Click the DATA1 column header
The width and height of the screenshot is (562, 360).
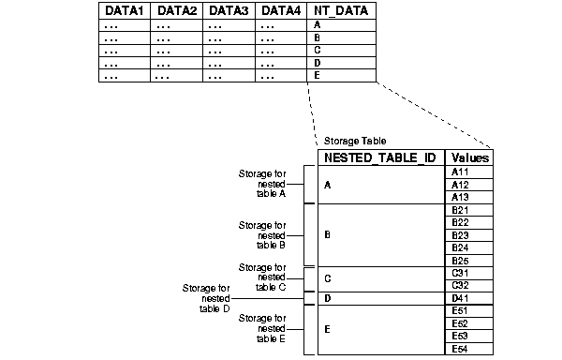coord(125,11)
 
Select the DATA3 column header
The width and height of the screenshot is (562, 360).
coord(229,11)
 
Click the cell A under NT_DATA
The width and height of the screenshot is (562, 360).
coord(318,25)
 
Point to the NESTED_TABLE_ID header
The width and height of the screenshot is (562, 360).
coord(379,157)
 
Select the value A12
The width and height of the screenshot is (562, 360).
coord(460,185)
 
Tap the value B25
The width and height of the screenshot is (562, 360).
coord(460,260)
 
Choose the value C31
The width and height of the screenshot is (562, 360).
coord(460,273)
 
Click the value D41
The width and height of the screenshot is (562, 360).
coord(460,298)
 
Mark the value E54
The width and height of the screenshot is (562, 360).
coord(460,349)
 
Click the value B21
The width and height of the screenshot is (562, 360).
coord(460,210)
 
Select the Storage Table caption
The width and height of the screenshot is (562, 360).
coord(348,141)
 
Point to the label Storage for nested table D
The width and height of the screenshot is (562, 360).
coord(206,297)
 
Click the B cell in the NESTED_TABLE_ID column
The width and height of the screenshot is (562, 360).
coord(327,234)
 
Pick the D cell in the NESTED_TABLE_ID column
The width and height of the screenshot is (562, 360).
coord(327,298)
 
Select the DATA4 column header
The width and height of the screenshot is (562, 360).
coord(280,11)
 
